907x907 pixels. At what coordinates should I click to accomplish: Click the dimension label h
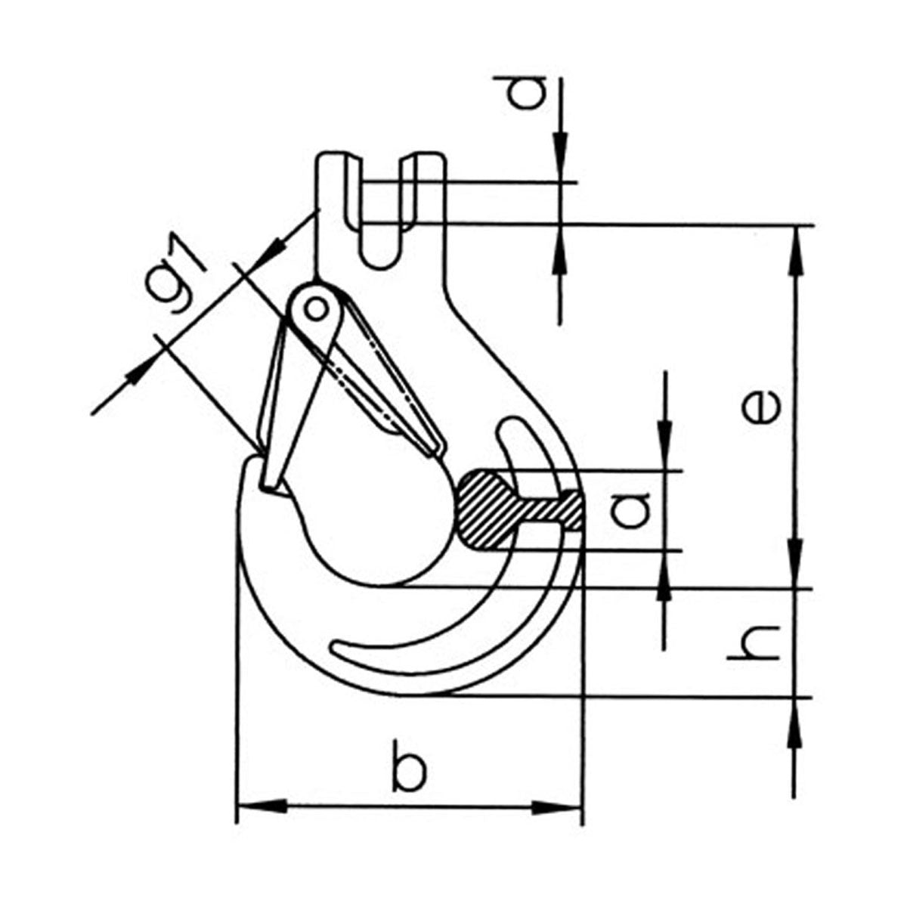pos(754,643)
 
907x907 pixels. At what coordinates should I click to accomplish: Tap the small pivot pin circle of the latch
pos(315,309)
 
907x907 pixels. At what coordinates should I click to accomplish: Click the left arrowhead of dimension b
pos(262,821)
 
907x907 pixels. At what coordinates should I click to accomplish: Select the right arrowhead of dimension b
pos(557,822)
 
